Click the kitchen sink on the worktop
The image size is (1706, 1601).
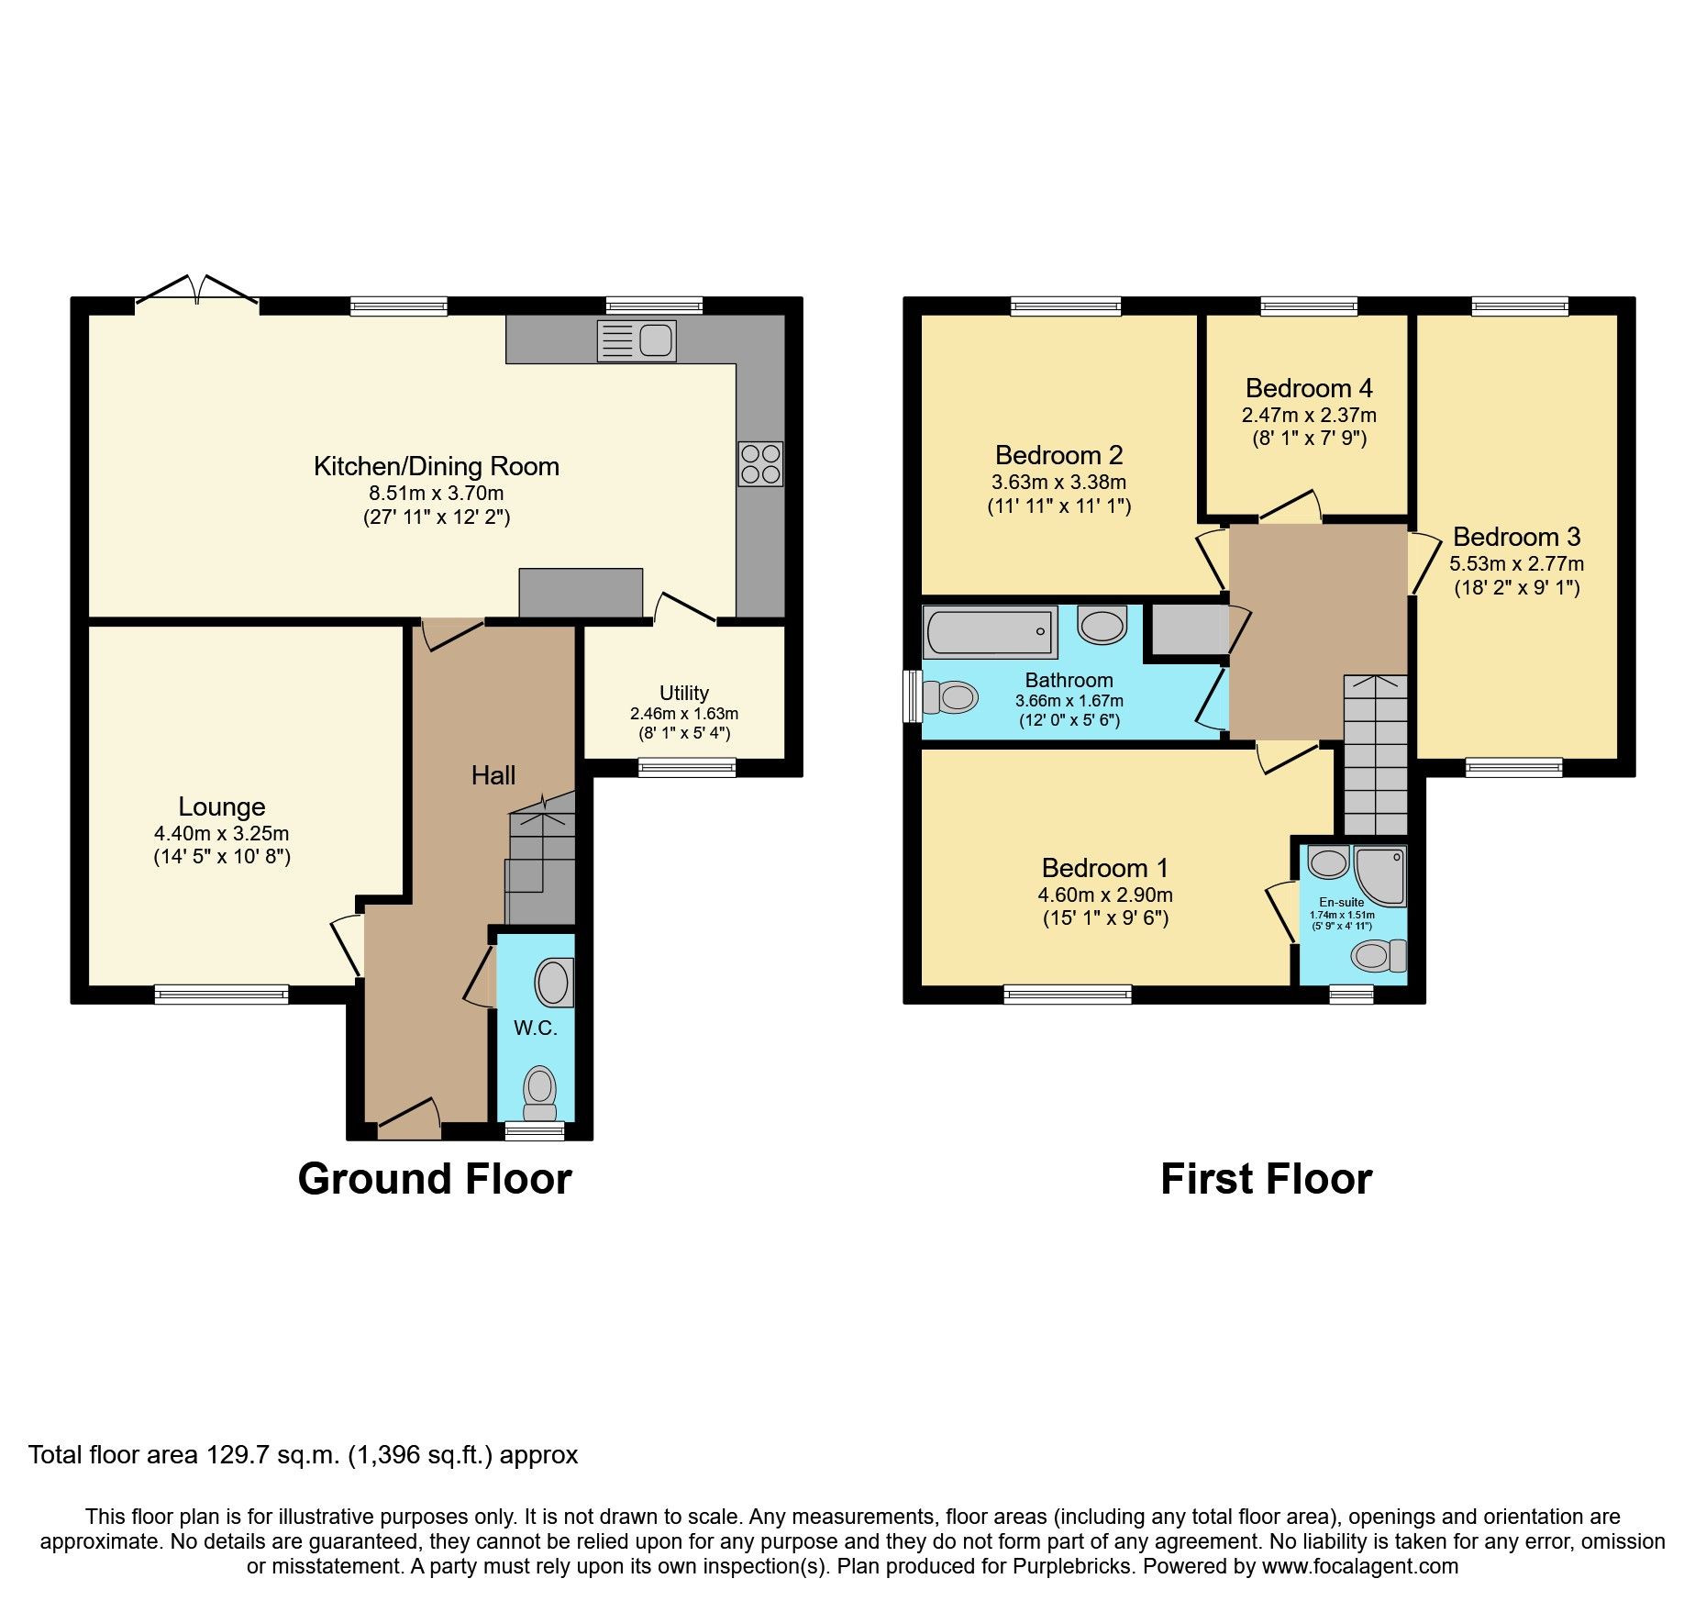(x=637, y=340)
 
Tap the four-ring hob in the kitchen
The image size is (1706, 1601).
(x=760, y=463)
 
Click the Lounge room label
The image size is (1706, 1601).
(x=222, y=806)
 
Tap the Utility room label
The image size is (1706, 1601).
(x=684, y=693)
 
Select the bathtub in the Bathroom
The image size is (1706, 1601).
(x=989, y=632)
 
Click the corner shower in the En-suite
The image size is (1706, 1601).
(x=1379, y=874)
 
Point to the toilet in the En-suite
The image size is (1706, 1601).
(x=1376, y=956)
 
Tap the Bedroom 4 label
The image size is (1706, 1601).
(x=1309, y=388)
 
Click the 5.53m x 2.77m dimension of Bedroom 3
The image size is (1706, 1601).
(x=1516, y=563)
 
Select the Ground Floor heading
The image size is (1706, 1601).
(x=435, y=1179)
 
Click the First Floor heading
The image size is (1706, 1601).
(x=1266, y=1179)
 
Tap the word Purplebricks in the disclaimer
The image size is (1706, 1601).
(x=1071, y=1566)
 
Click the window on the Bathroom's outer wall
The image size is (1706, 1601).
(x=913, y=696)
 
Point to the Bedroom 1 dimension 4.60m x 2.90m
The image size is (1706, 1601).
(x=1105, y=895)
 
